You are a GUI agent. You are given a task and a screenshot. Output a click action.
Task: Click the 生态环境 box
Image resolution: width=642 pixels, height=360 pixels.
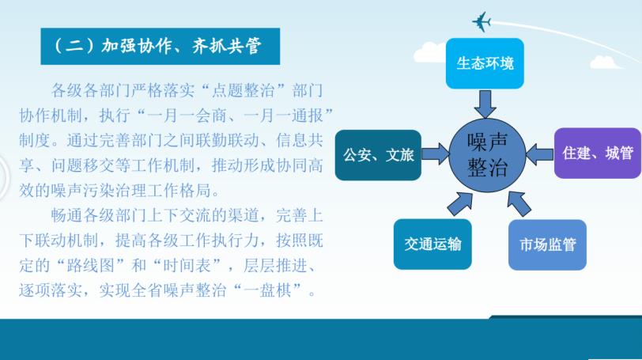click(485, 63)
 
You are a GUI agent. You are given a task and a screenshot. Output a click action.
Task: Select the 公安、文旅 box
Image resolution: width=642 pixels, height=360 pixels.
click(378, 155)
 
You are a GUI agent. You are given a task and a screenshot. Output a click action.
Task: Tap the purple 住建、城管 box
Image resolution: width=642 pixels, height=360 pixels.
click(598, 153)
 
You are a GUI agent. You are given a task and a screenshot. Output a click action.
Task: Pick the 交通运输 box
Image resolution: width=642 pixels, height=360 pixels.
click(432, 244)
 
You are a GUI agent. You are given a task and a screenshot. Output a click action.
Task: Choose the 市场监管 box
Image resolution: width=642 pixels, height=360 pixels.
click(547, 245)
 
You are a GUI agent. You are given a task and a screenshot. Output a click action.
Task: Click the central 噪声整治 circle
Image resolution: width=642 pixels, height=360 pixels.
click(487, 155)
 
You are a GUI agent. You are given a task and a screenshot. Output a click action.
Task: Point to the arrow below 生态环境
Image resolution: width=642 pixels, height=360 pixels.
click(485, 104)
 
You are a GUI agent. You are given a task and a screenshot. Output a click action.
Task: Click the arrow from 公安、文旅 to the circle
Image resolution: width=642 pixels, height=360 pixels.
click(436, 154)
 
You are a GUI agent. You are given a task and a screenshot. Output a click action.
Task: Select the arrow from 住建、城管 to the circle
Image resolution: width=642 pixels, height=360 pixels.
click(540, 154)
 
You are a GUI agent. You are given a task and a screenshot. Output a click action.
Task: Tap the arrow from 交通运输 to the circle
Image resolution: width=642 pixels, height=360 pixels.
click(461, 203)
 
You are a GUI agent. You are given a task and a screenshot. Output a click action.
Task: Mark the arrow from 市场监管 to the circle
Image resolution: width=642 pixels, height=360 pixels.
click(519, 203)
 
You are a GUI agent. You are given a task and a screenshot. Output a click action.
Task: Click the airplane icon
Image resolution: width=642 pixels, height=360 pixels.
click(481, 21)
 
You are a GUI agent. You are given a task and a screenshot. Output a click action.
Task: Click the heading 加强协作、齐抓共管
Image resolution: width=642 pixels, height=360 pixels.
click(181, 46)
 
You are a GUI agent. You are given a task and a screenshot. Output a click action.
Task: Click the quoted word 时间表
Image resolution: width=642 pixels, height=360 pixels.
click(187, 265)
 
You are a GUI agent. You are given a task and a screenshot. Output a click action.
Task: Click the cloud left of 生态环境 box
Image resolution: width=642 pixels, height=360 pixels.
click(430, 52)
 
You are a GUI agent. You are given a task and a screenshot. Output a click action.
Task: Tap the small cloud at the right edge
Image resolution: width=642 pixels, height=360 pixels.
click(605, 63)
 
